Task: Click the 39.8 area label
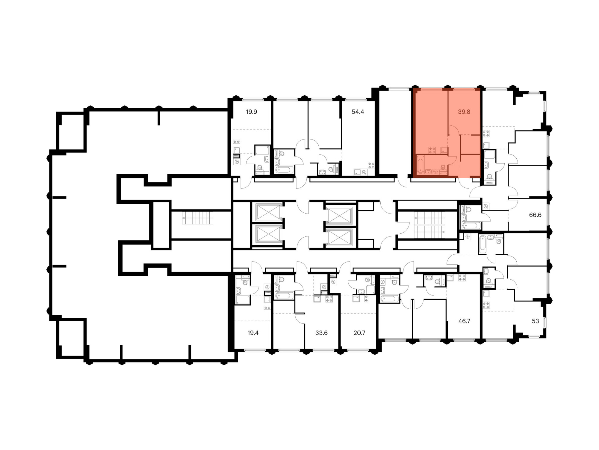464,112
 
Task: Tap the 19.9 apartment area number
251,112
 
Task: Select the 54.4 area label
358,112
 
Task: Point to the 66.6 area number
535,215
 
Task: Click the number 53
535,321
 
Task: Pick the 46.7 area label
464,321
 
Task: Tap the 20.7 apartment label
359,333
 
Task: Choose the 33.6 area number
321,333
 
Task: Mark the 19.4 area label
253,333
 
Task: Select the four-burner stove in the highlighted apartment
432,150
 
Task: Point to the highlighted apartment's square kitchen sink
444,150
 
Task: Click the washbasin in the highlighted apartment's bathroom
428,172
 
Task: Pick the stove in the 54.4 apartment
371,165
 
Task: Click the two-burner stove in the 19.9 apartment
237,142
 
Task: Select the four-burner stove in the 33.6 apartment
329,299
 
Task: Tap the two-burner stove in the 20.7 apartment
366,298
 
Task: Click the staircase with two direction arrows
429,225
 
